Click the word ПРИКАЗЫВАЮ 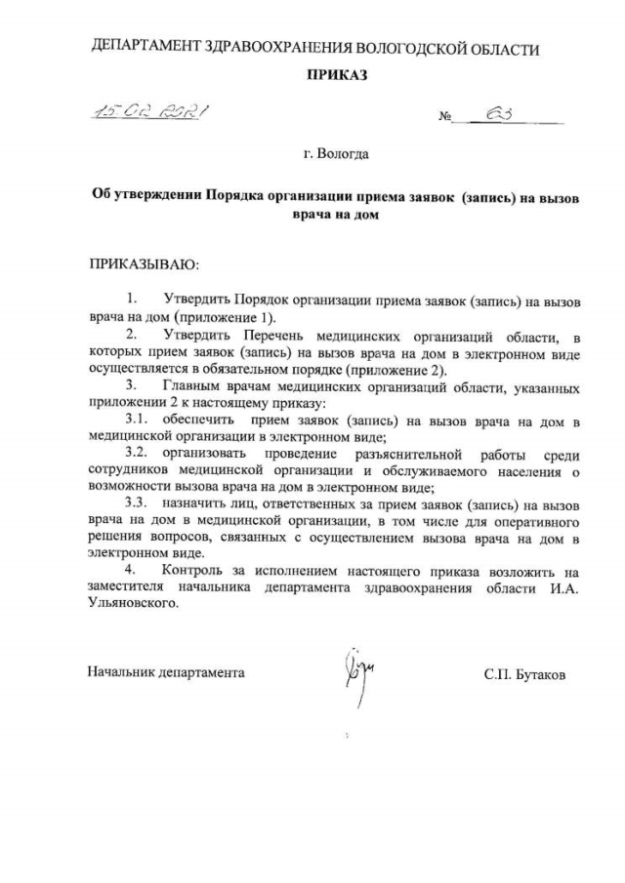pos(144,263)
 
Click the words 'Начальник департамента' pos(166,673)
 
